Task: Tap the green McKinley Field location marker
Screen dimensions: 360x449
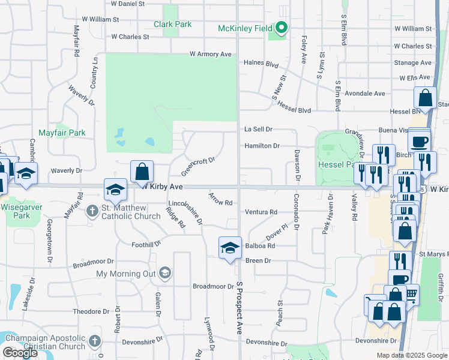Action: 281,28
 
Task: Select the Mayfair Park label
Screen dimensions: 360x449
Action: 62,133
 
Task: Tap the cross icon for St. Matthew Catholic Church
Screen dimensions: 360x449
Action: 92,211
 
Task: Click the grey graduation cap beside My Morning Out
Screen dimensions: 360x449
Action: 164,274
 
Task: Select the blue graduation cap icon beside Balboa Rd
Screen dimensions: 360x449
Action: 229,248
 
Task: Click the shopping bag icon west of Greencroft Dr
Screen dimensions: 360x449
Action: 141,172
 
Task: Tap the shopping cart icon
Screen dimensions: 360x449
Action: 411,294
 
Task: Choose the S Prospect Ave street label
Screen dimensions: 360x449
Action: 239,309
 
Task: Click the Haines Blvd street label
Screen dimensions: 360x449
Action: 261,63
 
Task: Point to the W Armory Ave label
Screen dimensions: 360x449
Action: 210,54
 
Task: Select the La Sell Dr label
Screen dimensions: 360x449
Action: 258,129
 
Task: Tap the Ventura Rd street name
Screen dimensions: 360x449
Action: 261,212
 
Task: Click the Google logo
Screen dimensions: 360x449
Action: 20,353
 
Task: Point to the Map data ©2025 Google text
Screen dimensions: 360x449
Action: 411,355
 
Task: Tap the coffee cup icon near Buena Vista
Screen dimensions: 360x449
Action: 419,142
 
